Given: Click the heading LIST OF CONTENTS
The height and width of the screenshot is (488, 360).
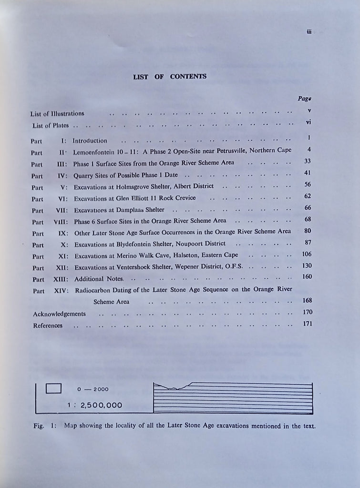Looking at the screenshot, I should [170, 76].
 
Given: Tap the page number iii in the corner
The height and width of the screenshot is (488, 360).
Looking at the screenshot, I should [309, 32].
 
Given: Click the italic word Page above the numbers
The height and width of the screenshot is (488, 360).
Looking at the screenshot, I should [305, 99].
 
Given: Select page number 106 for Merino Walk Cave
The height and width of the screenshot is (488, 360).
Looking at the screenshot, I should [307, 254].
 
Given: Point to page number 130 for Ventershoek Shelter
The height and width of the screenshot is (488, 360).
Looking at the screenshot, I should [307, 265].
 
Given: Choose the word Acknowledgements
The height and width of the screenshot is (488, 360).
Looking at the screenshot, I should [59, 314].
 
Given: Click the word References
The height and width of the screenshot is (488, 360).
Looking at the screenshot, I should [48, 325].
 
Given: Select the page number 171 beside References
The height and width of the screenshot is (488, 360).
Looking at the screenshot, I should [307, 324].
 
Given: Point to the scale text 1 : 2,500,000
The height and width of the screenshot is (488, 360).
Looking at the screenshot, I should [95, 405].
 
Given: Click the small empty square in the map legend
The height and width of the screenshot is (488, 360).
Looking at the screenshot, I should [54, 389].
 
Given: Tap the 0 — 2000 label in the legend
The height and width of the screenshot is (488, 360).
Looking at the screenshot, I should [93, 389].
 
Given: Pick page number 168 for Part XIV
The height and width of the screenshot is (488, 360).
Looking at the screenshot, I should [307, 300].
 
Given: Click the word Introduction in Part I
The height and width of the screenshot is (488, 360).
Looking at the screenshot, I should [90, 141].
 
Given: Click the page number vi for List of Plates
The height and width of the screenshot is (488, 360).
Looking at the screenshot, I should [309, 122].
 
